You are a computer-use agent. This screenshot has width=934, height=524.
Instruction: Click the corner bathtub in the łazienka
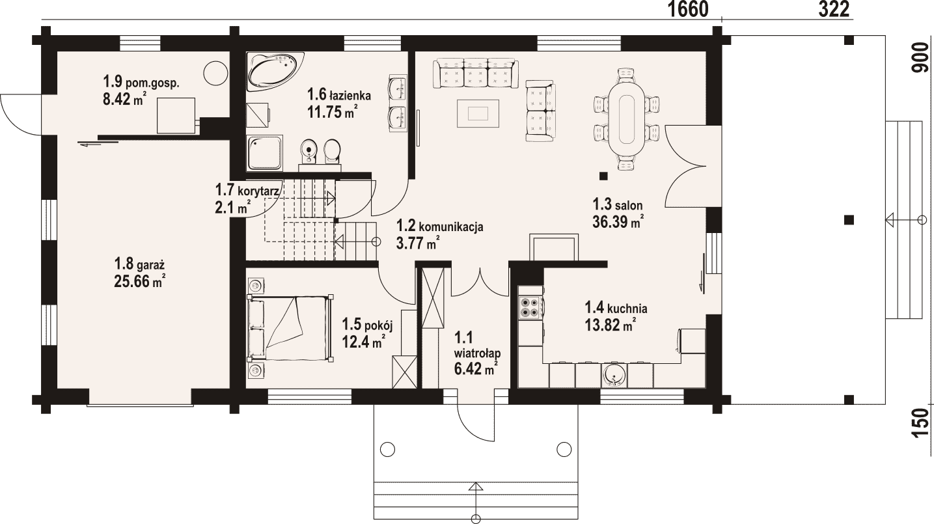click(275, 71)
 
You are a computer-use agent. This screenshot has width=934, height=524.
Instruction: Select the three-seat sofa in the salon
click(476, 74)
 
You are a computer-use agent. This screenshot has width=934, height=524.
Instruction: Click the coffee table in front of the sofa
click(478, 113)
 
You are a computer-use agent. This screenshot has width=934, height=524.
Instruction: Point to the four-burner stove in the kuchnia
click(530, 308)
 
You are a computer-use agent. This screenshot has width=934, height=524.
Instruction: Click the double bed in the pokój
click(290, 327)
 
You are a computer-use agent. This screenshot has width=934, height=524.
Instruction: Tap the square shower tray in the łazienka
click(264, 152)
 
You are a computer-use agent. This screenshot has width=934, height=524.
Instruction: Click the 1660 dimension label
click(689, 10)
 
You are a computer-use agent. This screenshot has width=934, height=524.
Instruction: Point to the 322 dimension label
click(834, 10)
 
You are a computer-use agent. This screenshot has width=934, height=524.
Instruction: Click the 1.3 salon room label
click(618, 204)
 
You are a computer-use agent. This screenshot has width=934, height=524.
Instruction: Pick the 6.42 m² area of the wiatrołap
click(476, 368)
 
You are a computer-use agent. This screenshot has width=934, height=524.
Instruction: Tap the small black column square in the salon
click(603, 176)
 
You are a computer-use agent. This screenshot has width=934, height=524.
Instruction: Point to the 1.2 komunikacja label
click(439, 227)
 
